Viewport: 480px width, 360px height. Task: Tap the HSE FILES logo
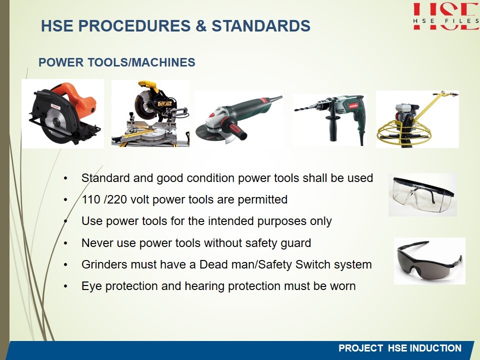446,16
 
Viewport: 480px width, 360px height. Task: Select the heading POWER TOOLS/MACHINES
116,62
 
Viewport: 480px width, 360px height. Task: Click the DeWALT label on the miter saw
164,104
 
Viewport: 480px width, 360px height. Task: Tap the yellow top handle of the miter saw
149,85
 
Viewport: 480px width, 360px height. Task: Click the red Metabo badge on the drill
353,105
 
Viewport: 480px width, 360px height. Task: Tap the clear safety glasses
423,194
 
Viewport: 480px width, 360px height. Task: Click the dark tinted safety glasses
429,260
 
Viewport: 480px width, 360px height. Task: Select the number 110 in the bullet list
91,199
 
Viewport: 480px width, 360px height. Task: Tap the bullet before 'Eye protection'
65,286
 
